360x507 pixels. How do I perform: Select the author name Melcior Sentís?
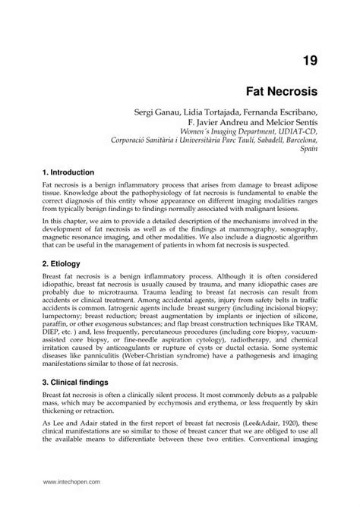pyautogui.click(x=291, y=122)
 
